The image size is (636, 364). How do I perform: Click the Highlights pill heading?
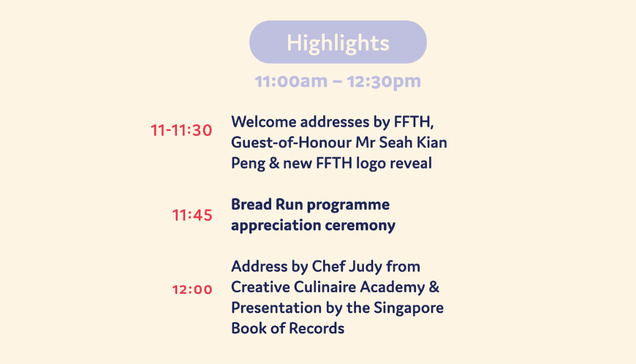[338, 42]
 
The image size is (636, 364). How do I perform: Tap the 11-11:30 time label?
[181, 131]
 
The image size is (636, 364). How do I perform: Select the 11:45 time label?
[192, 215]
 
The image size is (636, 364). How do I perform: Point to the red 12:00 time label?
[192, 289]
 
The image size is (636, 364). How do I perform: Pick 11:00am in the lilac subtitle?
[291, 81]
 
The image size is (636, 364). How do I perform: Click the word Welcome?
[264, 121]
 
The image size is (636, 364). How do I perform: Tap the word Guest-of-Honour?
[291, 143]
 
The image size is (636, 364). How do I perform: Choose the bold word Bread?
[251, 205]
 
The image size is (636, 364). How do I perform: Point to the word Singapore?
[409, 308]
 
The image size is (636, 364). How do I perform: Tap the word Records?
[317, 328]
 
